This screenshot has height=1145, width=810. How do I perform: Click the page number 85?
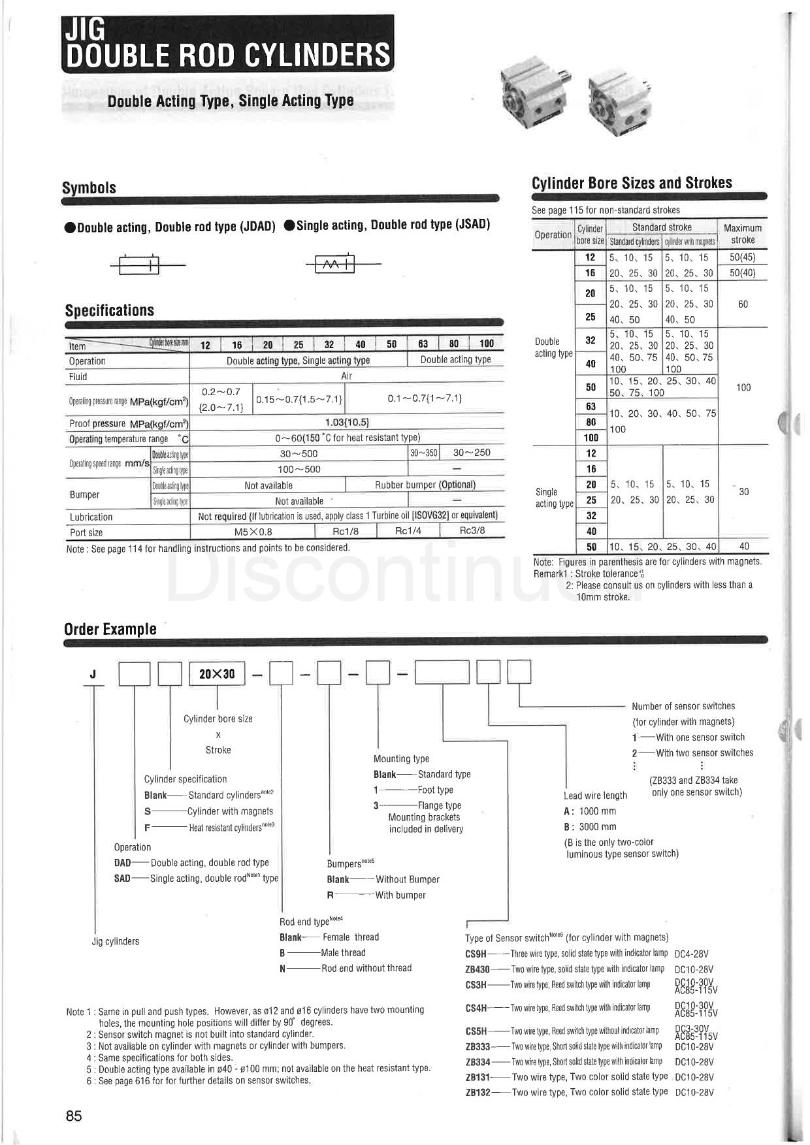[x=74, y=1116]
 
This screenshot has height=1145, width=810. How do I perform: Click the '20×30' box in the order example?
[x=217, y=673]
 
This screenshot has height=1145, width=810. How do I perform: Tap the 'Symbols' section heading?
[x=89, y=188]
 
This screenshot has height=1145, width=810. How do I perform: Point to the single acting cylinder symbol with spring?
[x=335, y=264]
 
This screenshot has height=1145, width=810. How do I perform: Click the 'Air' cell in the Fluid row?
[x=346, y=376]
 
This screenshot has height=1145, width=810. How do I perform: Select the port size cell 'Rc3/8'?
[x=472, y=530]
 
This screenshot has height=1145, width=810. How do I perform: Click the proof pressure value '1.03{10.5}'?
[x=346, y=422]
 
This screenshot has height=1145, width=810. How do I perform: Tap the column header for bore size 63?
[x=423, y=344]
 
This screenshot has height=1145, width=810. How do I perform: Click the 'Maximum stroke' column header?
[x=743, y=234]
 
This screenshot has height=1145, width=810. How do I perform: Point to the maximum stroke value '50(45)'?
[x=743, y=257]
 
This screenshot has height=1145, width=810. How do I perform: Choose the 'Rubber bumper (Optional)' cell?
[x=425, y=485]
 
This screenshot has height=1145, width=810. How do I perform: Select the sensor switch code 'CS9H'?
[x=476, y=954]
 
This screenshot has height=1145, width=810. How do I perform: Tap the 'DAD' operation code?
[x=123, y=863]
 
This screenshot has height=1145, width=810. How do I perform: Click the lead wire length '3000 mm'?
[x=597, y=827]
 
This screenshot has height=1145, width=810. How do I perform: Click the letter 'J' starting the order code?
[x=93, y=674]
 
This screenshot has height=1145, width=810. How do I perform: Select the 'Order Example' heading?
[x=110, y=629]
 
